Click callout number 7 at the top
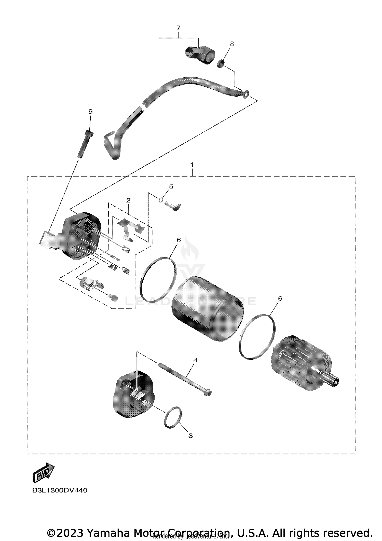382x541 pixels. coord(178,28)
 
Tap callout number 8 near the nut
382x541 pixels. coord(232,44)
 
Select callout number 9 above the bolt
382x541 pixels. coord(90,112)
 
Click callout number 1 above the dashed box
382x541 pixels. coord(192,165)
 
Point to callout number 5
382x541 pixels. coord(171,186)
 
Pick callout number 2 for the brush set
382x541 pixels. coord(128,200)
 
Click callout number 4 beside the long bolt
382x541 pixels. coord(195,360)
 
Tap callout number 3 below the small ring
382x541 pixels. coord(190,436)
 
